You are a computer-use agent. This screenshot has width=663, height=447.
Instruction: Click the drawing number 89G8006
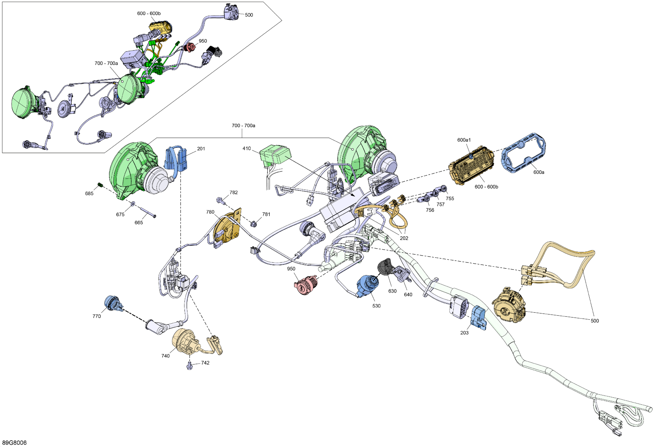(17, 443)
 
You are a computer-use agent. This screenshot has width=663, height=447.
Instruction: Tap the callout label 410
(246, 149)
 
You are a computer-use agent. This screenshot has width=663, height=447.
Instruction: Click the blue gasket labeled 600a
(524, 153)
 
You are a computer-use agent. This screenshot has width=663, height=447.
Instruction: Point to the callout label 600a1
(464, 140)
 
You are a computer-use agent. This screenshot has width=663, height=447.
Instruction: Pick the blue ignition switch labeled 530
(368, 286)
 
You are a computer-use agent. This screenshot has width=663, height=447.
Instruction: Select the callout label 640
(408, 294)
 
